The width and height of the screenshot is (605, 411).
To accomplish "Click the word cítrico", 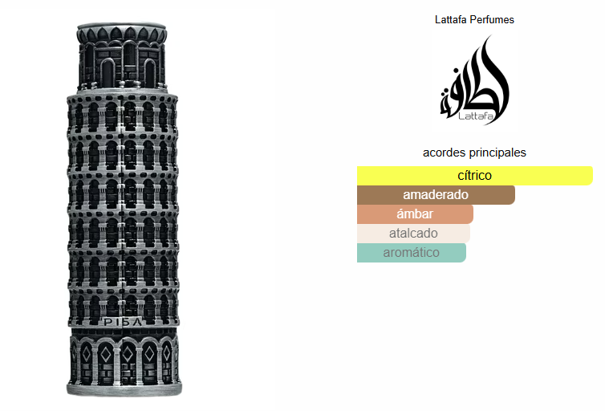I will coord(474,176).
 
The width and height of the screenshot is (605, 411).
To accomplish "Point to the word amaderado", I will coord(436,195).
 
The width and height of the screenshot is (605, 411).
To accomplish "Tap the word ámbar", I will coord(415,214).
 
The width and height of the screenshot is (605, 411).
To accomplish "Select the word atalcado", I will coord(413,234).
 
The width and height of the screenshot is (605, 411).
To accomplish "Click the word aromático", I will coord(412,253).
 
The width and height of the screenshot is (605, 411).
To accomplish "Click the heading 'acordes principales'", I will coord(474,153).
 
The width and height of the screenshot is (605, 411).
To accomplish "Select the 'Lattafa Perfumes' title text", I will coord(474,19).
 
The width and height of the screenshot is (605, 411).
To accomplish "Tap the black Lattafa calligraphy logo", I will coord(475,80).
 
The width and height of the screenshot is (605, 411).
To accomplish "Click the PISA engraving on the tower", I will coord(123,322).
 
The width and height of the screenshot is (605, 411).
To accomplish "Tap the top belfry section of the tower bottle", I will coord(121,56).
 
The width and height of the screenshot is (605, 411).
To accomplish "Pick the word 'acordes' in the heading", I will coord(444,153).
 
